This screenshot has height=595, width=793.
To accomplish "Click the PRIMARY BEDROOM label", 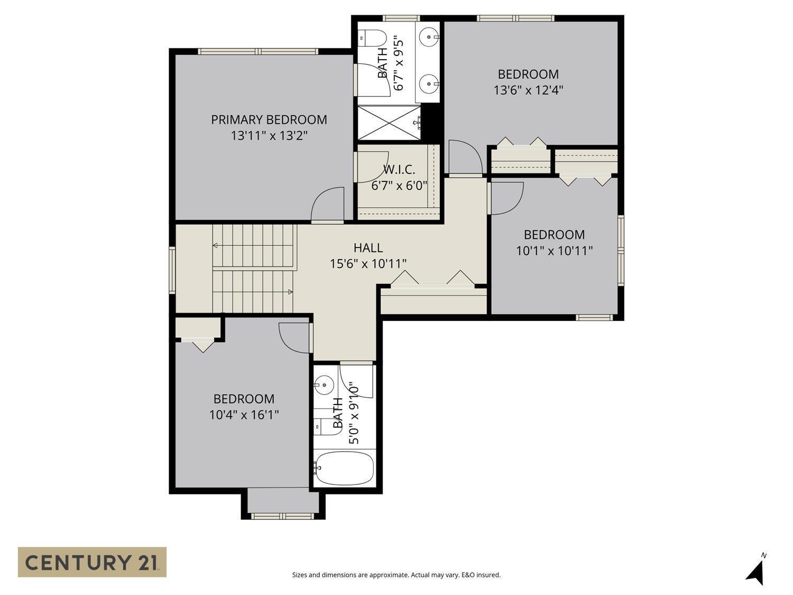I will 269,120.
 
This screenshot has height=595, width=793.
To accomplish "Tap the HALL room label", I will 368,248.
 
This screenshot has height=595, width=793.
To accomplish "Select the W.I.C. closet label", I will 399,170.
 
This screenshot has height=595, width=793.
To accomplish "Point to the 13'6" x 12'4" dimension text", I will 528,90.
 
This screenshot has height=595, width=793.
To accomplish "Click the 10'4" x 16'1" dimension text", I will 244,415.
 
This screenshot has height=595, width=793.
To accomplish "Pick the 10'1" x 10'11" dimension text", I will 554,250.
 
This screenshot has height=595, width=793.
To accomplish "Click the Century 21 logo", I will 92,562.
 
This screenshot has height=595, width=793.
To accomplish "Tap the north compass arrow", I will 757,571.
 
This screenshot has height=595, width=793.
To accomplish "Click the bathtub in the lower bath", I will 344,468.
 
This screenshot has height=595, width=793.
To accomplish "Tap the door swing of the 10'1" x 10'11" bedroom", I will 506,197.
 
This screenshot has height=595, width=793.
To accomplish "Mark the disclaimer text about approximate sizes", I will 396,575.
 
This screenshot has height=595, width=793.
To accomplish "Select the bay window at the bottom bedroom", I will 283,515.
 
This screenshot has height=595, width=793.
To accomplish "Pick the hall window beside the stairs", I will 172,270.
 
